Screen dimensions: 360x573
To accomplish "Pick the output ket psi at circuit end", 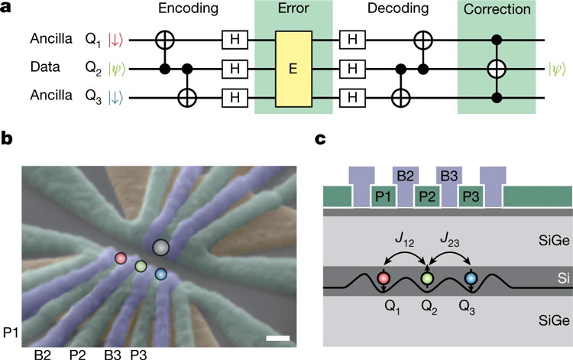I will tap(557, 66).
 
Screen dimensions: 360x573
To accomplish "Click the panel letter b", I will tap(7, 140).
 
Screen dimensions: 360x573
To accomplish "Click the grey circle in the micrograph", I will tap(160, 247).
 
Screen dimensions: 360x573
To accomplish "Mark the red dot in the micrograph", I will tap(121, 258).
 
